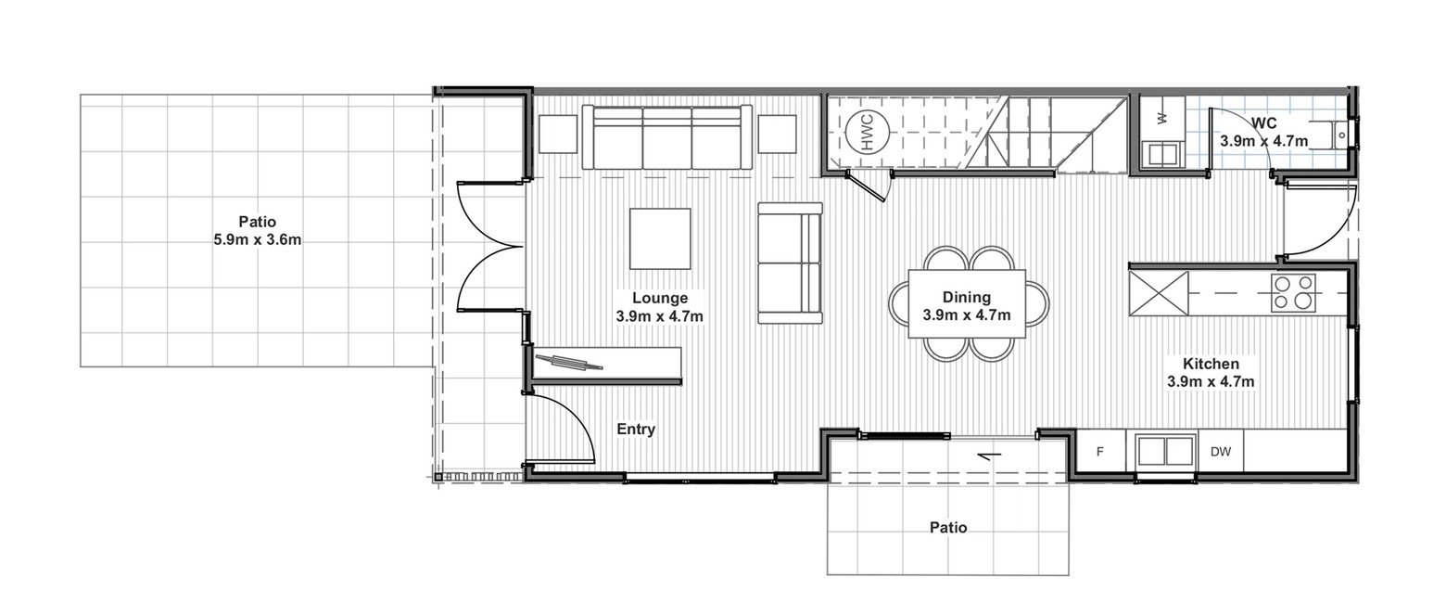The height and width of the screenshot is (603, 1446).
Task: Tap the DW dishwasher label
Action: (x=1220, y=452)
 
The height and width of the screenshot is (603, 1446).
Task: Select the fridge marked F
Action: (x=1100, y=451)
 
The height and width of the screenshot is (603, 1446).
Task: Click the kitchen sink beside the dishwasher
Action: (x=1164, y=451)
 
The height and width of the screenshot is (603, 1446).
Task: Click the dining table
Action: (x=967, y=303)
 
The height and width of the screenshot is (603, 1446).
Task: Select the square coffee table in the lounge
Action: (x=660, y=238)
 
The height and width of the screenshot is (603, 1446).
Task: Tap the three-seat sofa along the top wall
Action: (x=666, y=137)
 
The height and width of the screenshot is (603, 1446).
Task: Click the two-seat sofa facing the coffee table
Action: (x=790, y=263)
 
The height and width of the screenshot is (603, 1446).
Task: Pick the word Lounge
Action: (x=660, y=298)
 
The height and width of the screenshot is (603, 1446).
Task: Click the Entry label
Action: (x=636, y=430)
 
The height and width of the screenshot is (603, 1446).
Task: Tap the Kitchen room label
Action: (x=1211, y=364)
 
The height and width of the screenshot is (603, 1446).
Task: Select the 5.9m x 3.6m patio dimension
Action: (x=257, y=239)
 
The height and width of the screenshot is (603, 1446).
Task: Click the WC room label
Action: (x=1263, y=122)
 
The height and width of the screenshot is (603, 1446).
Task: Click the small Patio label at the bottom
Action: (x=947, y=527)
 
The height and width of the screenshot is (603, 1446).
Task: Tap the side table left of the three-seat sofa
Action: (x=558, y=135)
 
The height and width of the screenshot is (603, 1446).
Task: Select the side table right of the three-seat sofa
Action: (x=777, y=135)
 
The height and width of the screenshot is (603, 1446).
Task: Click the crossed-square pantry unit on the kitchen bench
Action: (x=1159, y=293)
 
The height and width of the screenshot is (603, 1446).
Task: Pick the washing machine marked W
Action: (x=1162, y=117)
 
